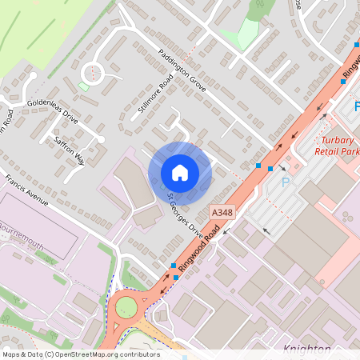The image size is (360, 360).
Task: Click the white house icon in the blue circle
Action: point(180,173)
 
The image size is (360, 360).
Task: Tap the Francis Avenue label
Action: point(25,190)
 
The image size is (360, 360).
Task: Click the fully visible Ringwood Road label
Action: point(201,245)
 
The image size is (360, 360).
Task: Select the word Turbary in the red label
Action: point(339,137)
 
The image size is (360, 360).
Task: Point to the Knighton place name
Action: point(307,349)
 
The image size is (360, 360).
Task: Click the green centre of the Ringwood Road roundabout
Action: point(126,307)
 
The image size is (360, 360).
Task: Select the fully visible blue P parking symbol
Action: point(286,183)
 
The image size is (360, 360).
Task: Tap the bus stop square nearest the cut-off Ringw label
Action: point(343,82)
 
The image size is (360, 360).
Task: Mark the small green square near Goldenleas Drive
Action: point(83,86)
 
